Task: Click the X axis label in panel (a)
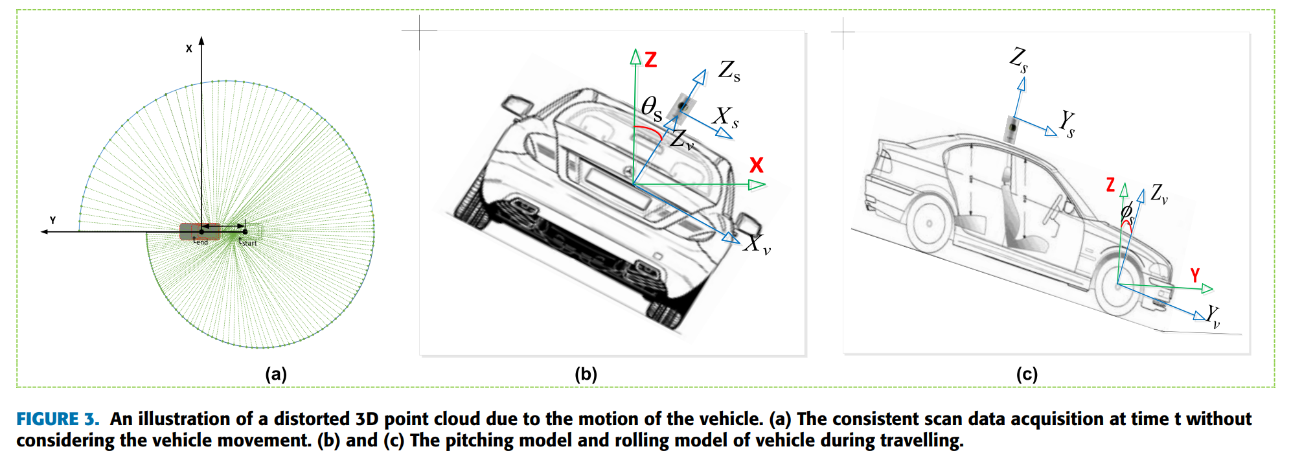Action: pos(189,49)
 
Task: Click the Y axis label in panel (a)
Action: pos(53,220)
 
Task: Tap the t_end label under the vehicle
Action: pos(201,240)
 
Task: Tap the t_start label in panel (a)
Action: pos(247,242)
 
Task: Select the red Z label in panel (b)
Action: pos(651,60)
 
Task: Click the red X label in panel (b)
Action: pos(756,165)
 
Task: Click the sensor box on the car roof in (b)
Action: pos(683,106)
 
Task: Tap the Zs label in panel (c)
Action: pos(1018,59)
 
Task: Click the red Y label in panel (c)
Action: pos(1195,275)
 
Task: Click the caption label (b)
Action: pos(586,374)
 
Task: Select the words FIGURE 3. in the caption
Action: pos(58,419)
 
